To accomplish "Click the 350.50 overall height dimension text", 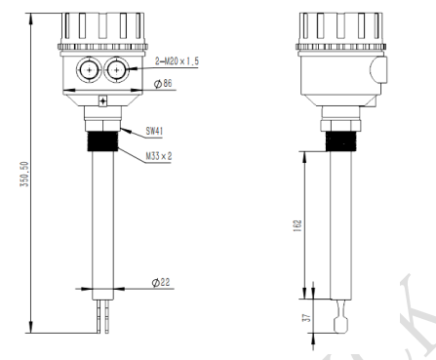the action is point(24,175).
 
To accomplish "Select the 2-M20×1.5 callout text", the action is point(177,60).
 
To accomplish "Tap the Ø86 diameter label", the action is point(163,83).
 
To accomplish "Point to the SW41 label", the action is point(154,131).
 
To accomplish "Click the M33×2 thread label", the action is point(158,156).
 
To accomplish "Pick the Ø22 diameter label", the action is point(161,282).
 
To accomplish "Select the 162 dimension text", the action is point(297,225).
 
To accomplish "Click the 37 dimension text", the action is point(306,318).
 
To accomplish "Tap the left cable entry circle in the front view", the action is point(88,69).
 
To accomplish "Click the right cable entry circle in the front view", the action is point(116,69).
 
